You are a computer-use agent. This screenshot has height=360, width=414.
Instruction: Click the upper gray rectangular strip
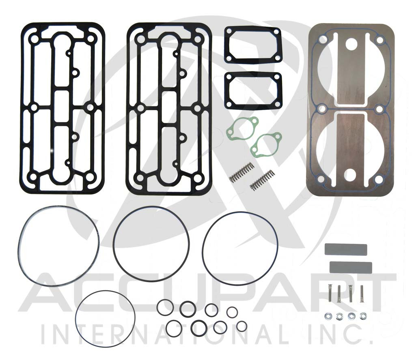coord(345,250)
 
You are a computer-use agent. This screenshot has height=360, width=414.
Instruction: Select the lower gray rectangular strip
coord(350,267)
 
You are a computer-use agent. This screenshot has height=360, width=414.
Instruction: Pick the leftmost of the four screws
coord(330,293)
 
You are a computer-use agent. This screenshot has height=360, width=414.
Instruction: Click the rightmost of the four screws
coord(362,293)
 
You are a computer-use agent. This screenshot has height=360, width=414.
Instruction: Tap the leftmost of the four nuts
coord(328,315)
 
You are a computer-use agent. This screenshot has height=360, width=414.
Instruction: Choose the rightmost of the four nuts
coord(362,315)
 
